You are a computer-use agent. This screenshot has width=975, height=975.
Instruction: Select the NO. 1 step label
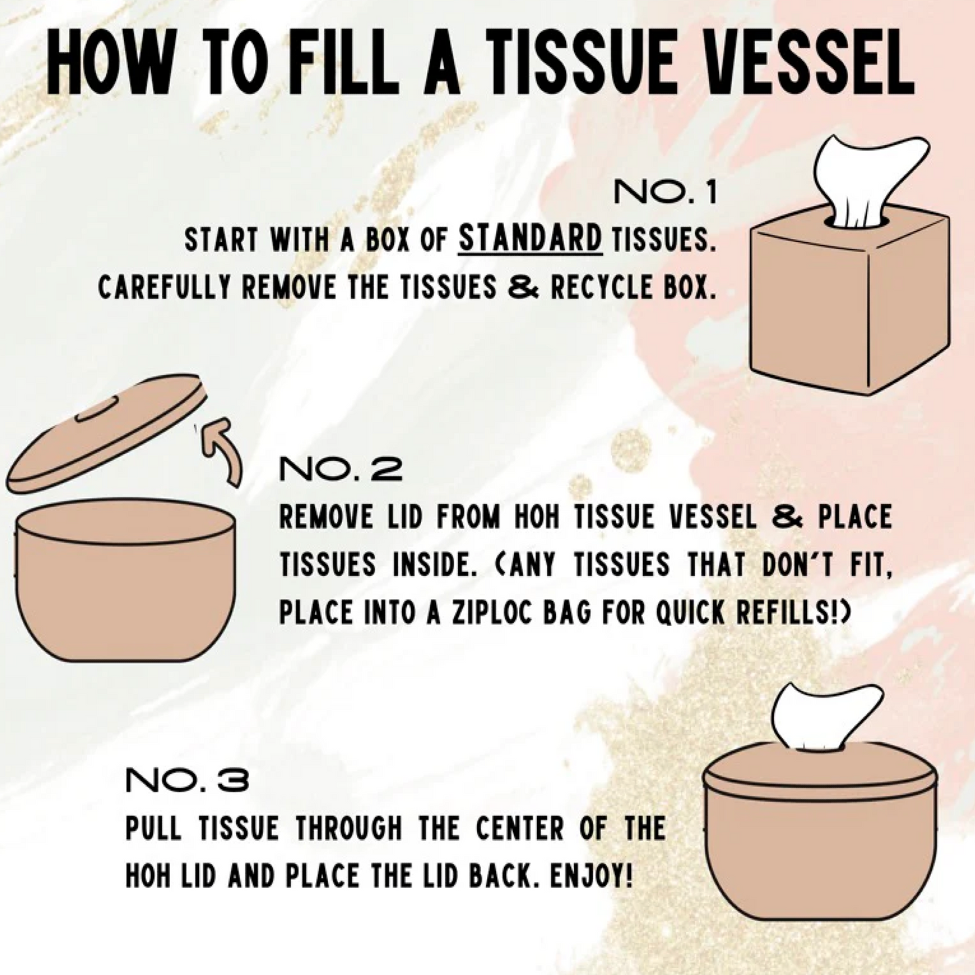pos(665,194)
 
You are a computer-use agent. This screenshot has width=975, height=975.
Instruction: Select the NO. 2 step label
pos(341,469)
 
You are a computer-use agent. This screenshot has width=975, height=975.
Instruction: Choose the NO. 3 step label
pos(187,781)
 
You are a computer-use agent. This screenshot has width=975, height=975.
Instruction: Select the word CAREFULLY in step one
pos(165,288)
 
